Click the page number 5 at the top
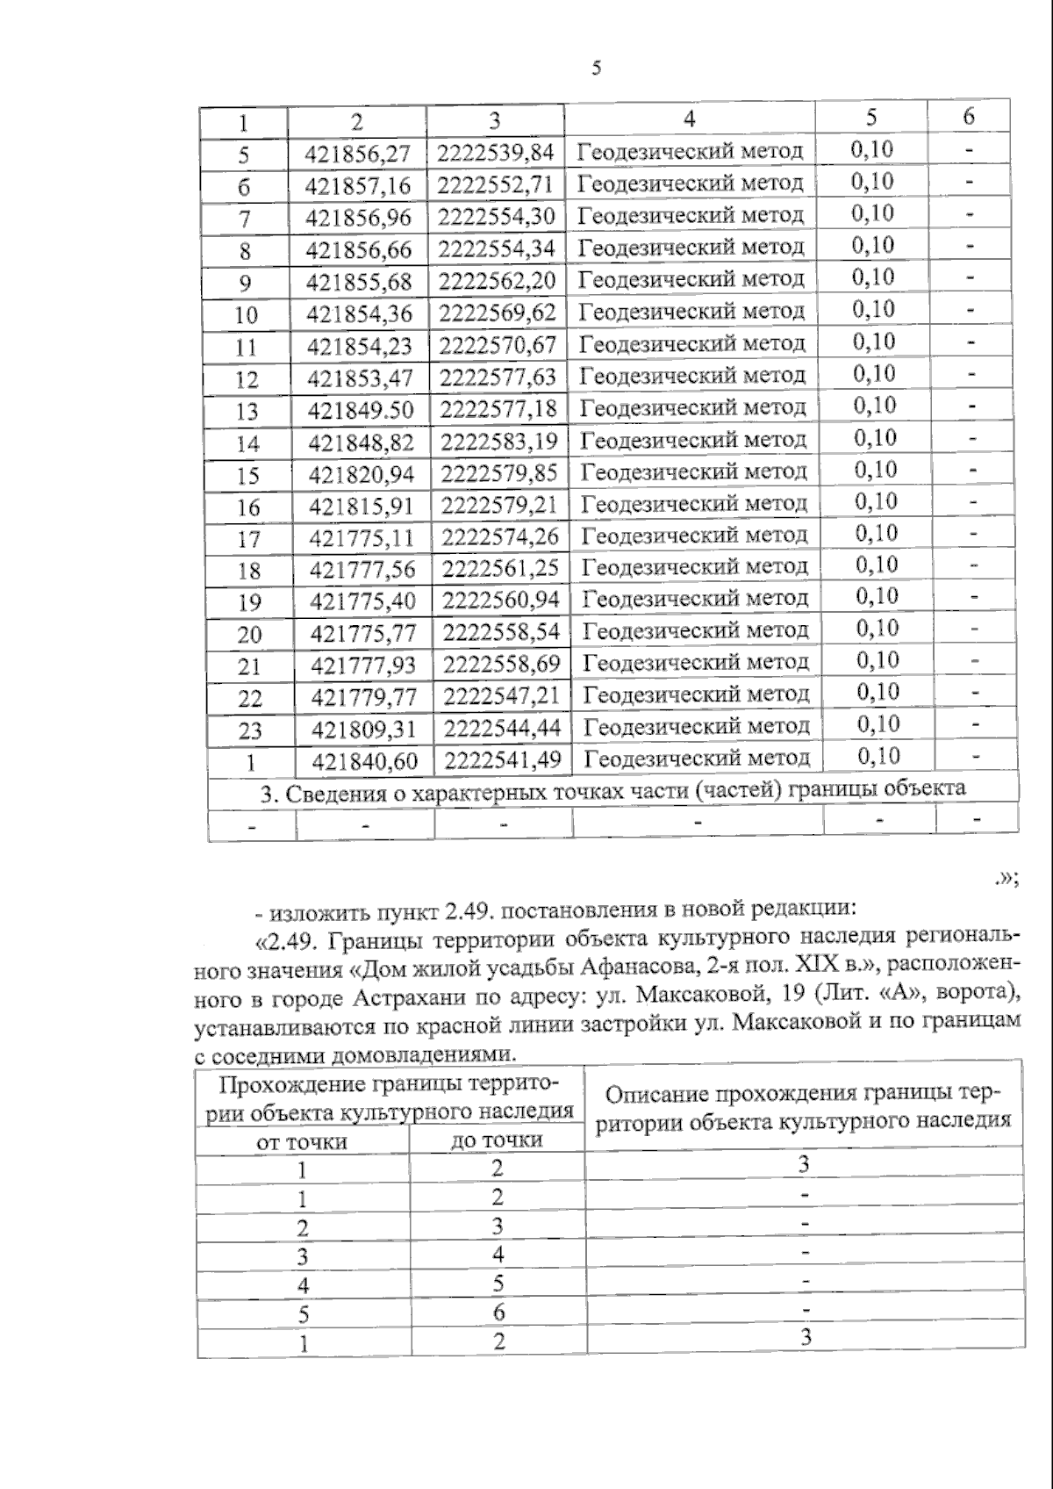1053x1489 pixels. tap(597, 68)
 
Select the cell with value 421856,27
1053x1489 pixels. tap(357, 154)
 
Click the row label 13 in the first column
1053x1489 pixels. tap(247, 411)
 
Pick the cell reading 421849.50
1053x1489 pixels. tap(360, 410)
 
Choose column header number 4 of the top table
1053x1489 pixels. tap(689, 119)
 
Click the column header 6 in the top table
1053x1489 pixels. tap(968, 117)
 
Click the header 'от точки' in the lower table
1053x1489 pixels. tap(302, 1142)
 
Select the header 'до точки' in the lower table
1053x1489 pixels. tap(497, 1140)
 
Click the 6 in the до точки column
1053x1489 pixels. tap(498, 1313)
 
